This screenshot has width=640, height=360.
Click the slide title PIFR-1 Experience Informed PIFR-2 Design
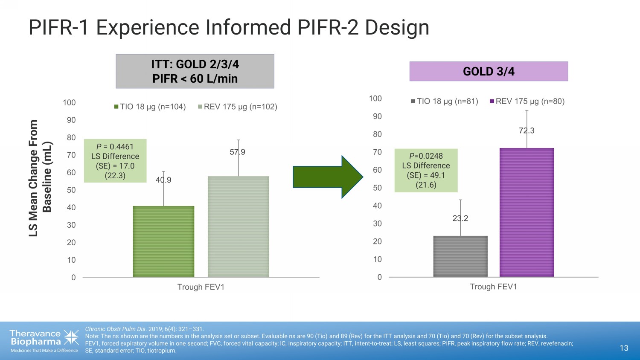coord(229,27)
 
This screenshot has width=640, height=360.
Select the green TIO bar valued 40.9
coord(163,241)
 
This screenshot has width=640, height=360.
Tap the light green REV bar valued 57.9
coord(239,226)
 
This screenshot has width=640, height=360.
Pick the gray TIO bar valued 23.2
coord(460,256)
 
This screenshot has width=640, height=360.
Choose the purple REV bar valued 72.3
coord(527,212)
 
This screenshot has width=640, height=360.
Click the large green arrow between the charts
coord(327,177)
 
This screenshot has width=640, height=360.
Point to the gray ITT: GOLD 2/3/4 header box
coord(195,71)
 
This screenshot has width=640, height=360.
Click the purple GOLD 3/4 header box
coord(489,71)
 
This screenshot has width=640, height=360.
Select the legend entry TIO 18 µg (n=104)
coord(150,107)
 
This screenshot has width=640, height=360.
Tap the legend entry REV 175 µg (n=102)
coord(238,107)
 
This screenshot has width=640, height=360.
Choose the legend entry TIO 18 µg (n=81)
coord(445,101)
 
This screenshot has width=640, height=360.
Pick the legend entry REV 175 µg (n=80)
coord(527,101)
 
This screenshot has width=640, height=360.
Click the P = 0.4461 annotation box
coord(115,161)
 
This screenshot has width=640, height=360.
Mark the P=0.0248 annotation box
coord(426,170)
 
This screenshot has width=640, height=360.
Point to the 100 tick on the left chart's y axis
coord(69,102)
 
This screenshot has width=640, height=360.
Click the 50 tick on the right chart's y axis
coord(377,188)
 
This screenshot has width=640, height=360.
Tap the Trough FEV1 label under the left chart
coord(201,287)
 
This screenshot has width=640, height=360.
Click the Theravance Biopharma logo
coord(44,341)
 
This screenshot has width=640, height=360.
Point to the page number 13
coord(624,348)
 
